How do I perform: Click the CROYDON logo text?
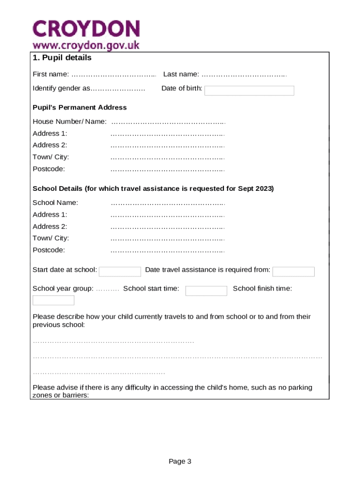tap(86, 29)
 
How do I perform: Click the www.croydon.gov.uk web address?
tap(86, 46)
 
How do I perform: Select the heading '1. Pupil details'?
tap(62, 58)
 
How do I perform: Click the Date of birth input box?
tap(249, 91)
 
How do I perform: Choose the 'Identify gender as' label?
tap(61, 88)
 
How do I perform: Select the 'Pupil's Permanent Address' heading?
tap(79, 108)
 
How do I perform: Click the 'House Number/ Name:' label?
tap(69, 122)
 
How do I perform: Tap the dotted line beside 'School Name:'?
tap(167, 203)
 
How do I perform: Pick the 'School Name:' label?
tap(55, 203)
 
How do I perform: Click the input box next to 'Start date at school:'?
tap(120, 272)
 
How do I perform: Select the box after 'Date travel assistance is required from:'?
tap(293, 272)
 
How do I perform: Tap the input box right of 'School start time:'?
tap(206, 291)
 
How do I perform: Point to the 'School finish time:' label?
tap(262, 289)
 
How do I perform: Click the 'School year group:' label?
tap(63, 289)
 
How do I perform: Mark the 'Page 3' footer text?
tap(180, 462)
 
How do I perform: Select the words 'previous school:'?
tap(58, 325)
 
